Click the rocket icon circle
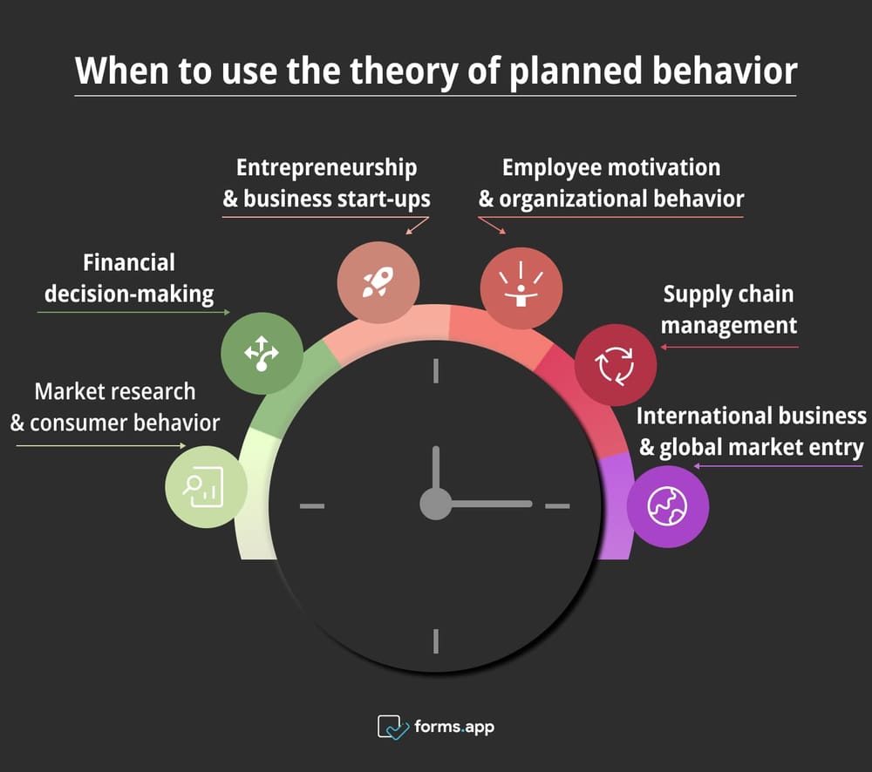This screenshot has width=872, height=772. [378, 282]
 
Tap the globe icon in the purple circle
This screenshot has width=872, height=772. [667, 506]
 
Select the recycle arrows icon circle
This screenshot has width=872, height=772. [616, 365]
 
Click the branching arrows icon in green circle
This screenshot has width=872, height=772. [262, 354]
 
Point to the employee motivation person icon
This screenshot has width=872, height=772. [521, 284]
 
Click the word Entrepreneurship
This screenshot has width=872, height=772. [326, 168]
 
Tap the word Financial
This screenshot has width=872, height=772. [129, 262]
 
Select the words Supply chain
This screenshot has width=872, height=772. [728, 295]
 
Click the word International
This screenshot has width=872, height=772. [703, 416]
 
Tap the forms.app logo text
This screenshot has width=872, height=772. [453, 727]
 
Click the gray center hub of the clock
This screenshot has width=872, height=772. [435, 505]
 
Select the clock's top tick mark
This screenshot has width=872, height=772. [436, 370]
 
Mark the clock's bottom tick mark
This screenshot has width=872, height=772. [436, 640]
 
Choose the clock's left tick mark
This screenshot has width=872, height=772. [312, 505]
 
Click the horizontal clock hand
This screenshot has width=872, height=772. [489, 505]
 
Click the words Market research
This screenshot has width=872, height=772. [115, 392]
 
